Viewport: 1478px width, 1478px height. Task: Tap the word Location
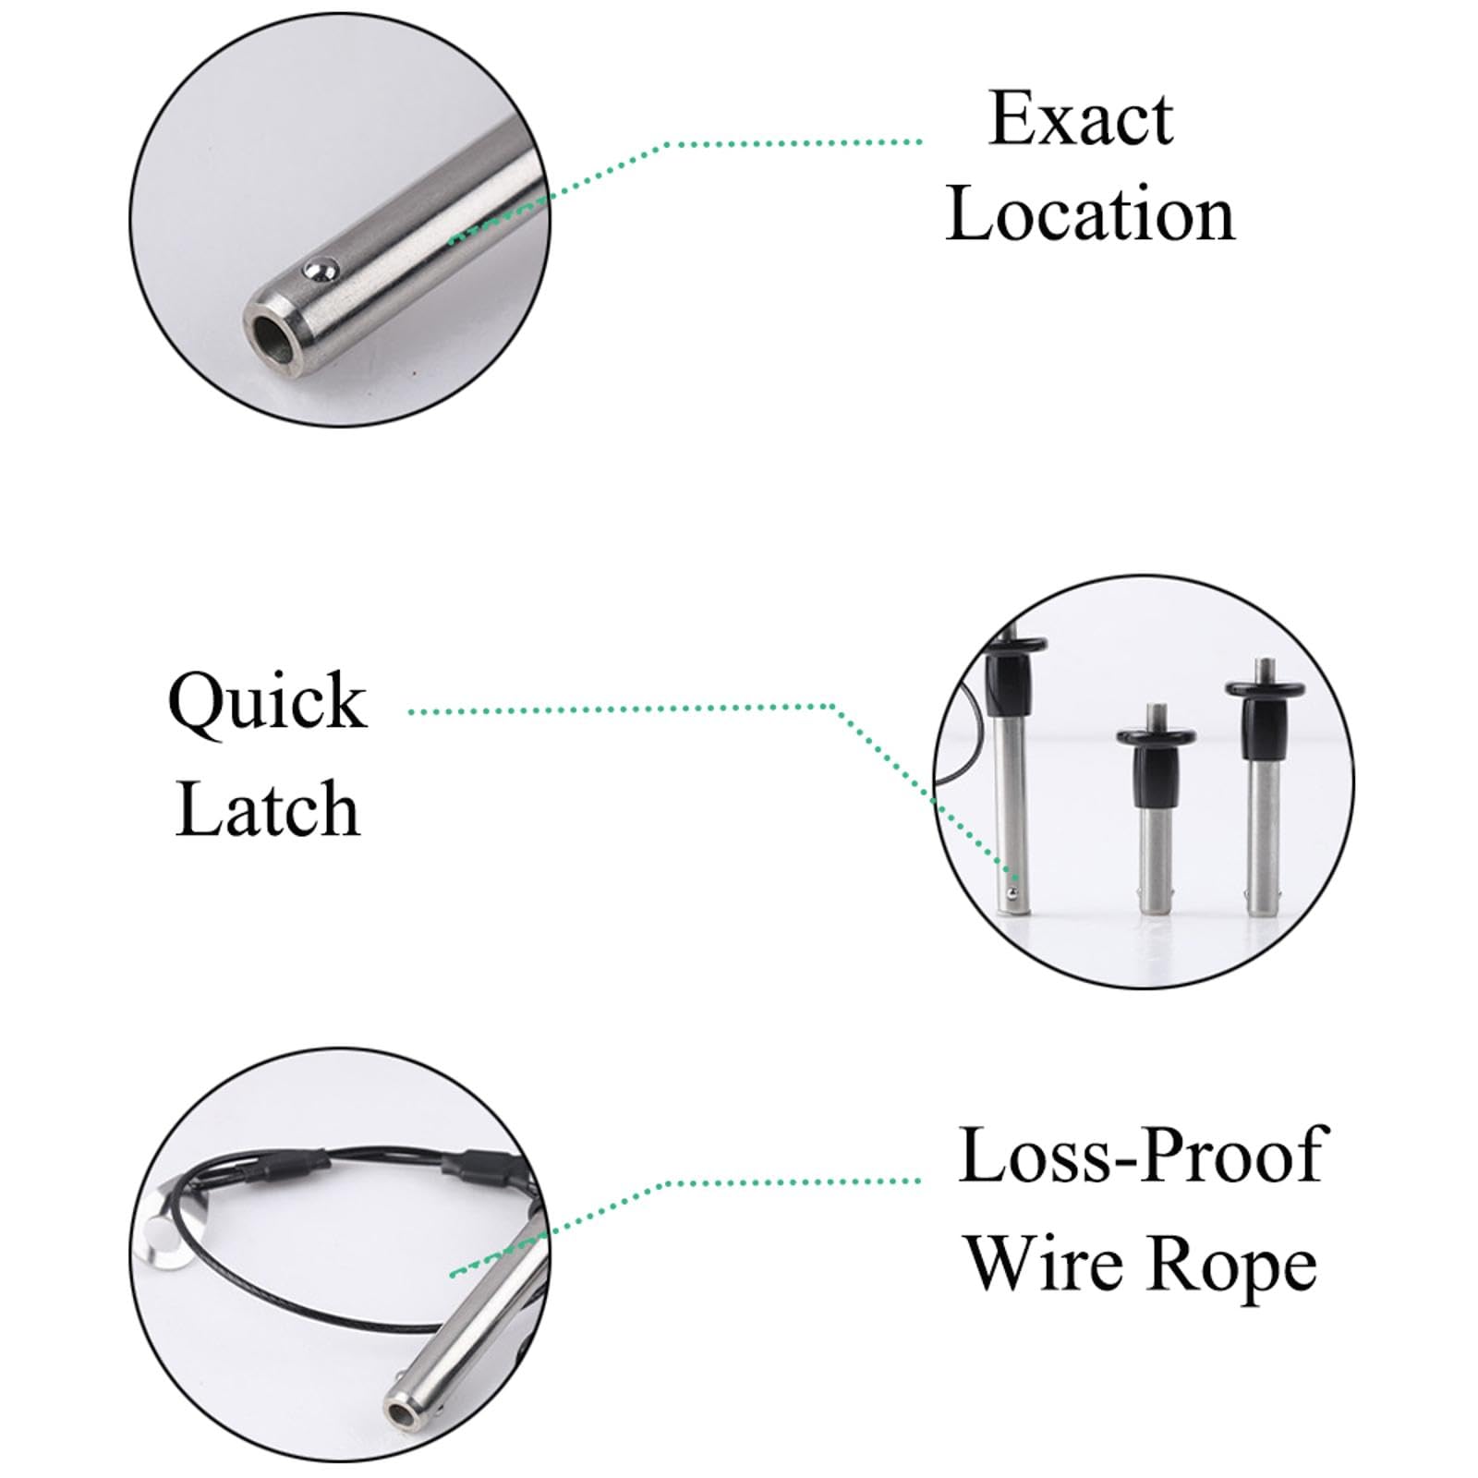1090,213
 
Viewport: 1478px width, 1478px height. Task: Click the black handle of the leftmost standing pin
1011,674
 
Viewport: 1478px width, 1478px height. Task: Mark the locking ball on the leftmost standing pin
1013,891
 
